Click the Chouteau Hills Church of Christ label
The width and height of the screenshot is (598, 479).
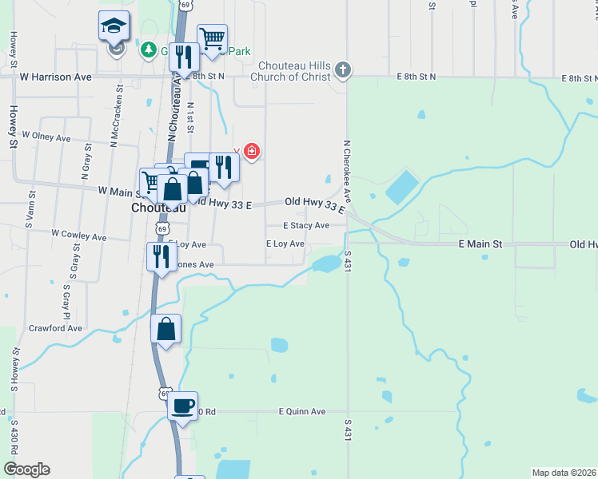[x=293, y=71]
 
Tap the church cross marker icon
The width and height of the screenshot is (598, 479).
[x=343, y=69]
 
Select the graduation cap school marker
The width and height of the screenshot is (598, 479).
[x=114, y=27]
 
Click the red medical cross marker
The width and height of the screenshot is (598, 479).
[x=252, y=151]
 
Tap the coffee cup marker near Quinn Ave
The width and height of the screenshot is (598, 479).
[x=182, y=406]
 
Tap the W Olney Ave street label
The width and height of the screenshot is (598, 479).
[x=46, y=137]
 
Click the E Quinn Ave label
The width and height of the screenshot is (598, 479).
[x=301, y=411]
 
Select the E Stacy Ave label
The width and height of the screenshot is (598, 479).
[x=307, y=226]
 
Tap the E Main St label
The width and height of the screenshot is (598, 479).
[x=480, y=243]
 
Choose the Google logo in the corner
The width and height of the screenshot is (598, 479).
[x=26, y=469]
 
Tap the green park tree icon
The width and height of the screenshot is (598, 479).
[x=148, y=50]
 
